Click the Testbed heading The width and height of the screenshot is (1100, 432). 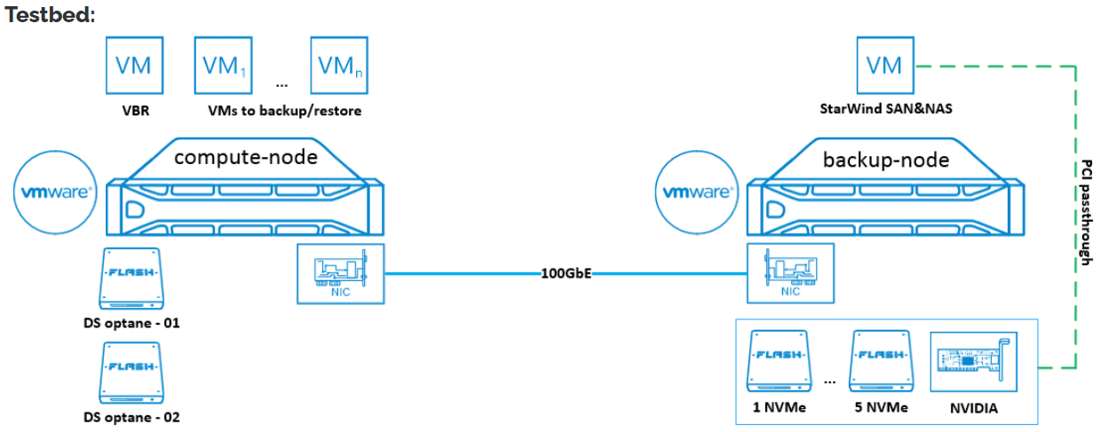point(50,15)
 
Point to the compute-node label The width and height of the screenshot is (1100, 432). point(246,158)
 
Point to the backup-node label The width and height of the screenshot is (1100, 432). point(874,160)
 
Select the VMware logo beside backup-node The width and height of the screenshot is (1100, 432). point(694,192)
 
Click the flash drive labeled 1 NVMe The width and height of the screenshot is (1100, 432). point(779,359)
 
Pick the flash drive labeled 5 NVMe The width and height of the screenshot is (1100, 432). point(880,359)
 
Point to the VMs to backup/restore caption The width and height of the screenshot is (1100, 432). point(284,112)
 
